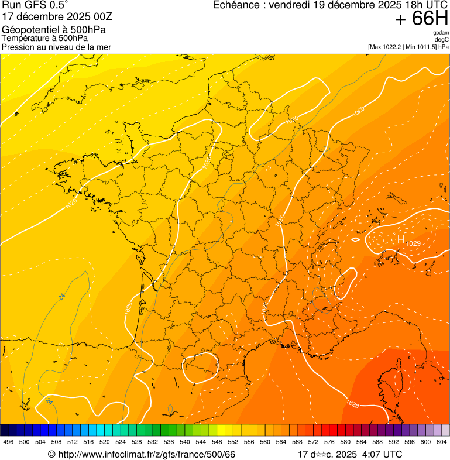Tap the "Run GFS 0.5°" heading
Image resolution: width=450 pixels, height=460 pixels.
(x=35, y=5)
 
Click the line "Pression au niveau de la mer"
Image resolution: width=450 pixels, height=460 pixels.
(x=56, y=47)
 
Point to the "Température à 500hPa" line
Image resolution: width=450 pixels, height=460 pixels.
(x=45, y=38)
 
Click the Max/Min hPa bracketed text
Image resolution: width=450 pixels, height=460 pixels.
(x=408, y=46)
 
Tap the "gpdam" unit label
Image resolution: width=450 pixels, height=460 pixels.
(x=441, y=33)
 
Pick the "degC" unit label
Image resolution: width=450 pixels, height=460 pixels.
(x=442, y=39)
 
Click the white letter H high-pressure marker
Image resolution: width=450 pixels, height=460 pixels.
(x=401, y=239)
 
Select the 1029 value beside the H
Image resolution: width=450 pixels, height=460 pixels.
(x=413, y=243)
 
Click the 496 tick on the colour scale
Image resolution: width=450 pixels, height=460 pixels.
(x=8, y=442)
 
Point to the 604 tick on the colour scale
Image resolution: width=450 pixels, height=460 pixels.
(x=442, y=442)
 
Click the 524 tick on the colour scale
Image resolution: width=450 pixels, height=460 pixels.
(x=121, y=442)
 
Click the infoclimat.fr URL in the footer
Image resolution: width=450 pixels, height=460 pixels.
(x=146, y=454)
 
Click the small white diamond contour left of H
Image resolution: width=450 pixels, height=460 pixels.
(x=355, y=239)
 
